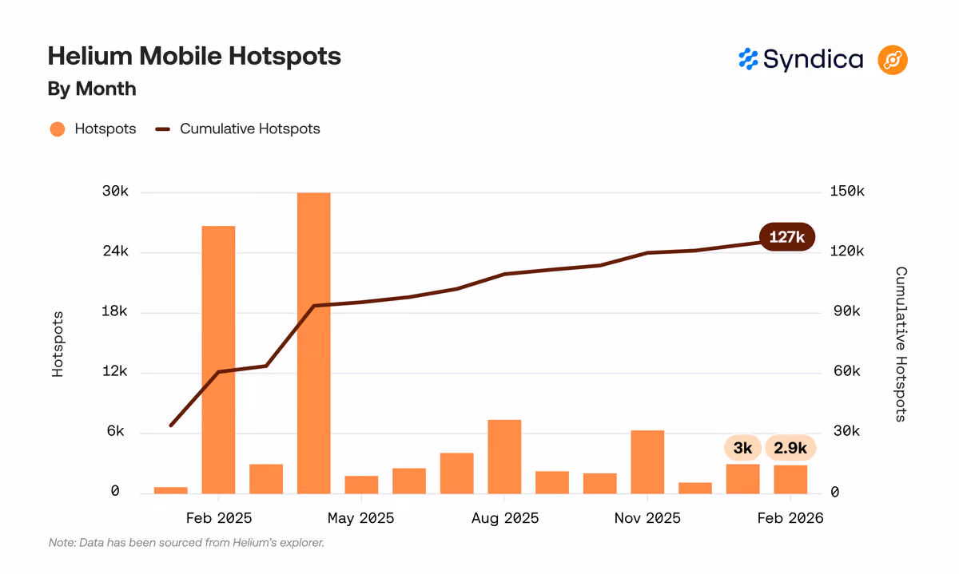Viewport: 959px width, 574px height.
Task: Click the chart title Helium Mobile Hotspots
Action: (x=194, y=57)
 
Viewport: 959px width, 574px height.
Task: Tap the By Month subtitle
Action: (x=92, y=89)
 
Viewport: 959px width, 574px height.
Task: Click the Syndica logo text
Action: (x=813, y=60)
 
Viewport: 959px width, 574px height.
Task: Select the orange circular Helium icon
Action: (x=893, y=60)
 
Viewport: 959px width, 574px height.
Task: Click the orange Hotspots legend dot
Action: (x=58, y=129)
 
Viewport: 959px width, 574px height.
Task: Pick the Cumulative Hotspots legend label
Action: (x=250, y=129)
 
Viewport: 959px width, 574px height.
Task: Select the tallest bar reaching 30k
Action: (x=314, y=343)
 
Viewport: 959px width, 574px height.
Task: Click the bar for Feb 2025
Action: (x=218, y=360)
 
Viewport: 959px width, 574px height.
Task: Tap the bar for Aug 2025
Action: (x=504, y=457)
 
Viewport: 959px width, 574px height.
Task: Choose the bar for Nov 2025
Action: (x=647, y=462)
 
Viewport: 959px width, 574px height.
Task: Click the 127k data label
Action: (x=787, y=236)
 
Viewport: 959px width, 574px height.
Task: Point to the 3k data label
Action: (x=742, y=448)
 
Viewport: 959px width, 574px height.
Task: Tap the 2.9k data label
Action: (x=790, y=448)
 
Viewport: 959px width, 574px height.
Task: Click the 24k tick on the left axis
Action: (x=115, y=251)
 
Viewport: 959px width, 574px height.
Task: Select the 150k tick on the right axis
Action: (x=847, y=191)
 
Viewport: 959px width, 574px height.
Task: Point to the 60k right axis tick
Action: (x=846, y=371)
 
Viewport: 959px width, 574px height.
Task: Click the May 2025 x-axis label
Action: (x=361, y=518)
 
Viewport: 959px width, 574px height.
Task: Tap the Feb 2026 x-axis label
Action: (x=790, y=518)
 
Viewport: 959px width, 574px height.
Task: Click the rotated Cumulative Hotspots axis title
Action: (x=901, y=344)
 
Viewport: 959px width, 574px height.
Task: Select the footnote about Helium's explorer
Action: (x=186, y=543)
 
